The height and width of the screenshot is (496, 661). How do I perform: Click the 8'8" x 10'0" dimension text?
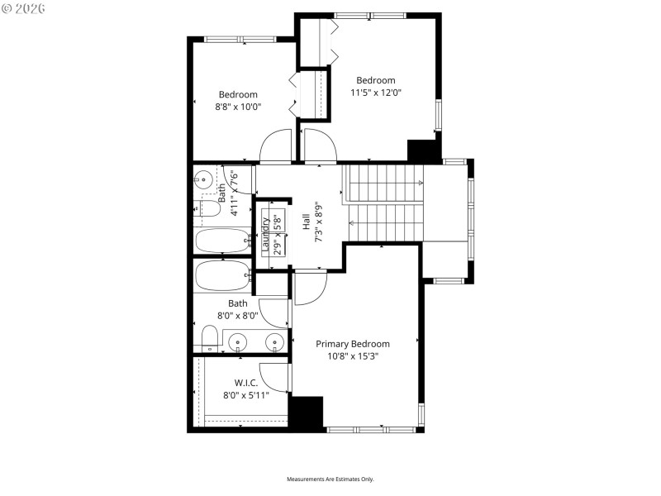[238, 107]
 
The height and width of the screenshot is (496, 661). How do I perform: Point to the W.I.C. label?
[246, 383]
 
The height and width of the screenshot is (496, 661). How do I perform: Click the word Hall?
[306, 222]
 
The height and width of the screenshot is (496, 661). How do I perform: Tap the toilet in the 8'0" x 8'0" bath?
[210, 338]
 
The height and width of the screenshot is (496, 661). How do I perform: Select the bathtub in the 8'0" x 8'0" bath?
[222, 275]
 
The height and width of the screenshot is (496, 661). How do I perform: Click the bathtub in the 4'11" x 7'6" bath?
[222, 241]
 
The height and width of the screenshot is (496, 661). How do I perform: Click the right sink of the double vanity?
[272, 341]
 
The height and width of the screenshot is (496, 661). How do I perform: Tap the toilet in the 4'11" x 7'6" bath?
[207, 209]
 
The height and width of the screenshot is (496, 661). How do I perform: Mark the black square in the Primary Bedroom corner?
[307, 413]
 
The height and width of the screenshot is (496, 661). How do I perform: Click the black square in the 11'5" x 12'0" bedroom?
[423, 151]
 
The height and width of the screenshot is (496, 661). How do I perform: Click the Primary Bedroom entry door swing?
[311, 285]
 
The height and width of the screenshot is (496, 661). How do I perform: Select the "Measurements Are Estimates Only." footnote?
[330, 479]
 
